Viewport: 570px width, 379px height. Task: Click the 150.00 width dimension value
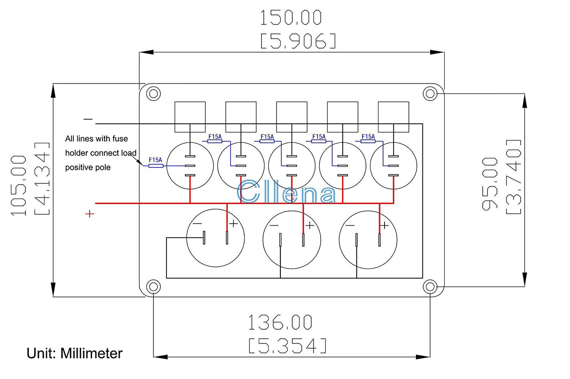pos(291,18)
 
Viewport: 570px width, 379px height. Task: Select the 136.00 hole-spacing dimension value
pos(280,322)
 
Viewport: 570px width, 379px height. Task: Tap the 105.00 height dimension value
pos(19,185)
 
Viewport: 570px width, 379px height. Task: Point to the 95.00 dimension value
pos(490,184)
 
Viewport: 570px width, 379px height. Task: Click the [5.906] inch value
pos(298,41)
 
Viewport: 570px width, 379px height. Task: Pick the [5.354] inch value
pos(288,346)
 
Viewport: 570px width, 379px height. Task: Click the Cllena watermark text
pos(287,192)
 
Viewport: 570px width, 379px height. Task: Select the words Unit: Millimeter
pos(75,353)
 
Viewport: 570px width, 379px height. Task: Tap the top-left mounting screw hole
pos(153,94)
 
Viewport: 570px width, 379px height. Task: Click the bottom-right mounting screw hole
pos(430,286)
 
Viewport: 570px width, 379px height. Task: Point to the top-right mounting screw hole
pos(430,94)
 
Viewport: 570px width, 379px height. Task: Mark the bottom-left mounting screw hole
pos(153,286)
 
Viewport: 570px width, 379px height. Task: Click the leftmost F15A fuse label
pos(155,160)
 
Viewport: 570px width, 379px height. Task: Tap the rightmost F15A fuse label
pos(368,136)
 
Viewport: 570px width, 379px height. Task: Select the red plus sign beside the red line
pos(90,214)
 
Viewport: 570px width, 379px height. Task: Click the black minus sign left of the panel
pos(88,119)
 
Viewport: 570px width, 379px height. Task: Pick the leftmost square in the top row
pos(190,117)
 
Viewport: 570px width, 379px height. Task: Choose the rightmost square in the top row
pos(393,117)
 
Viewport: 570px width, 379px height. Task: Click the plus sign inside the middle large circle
pos(310,225)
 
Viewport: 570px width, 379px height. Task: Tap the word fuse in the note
pos(120,138)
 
